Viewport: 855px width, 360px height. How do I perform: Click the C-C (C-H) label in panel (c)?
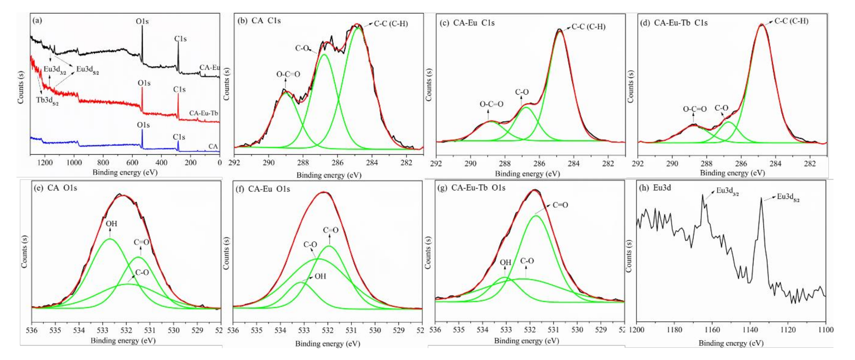click(589, 27)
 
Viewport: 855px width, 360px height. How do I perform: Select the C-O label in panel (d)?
click(721, 108)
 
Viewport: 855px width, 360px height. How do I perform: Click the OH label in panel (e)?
click(112, 224)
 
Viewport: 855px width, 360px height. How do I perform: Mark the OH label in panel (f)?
click(320, 276)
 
